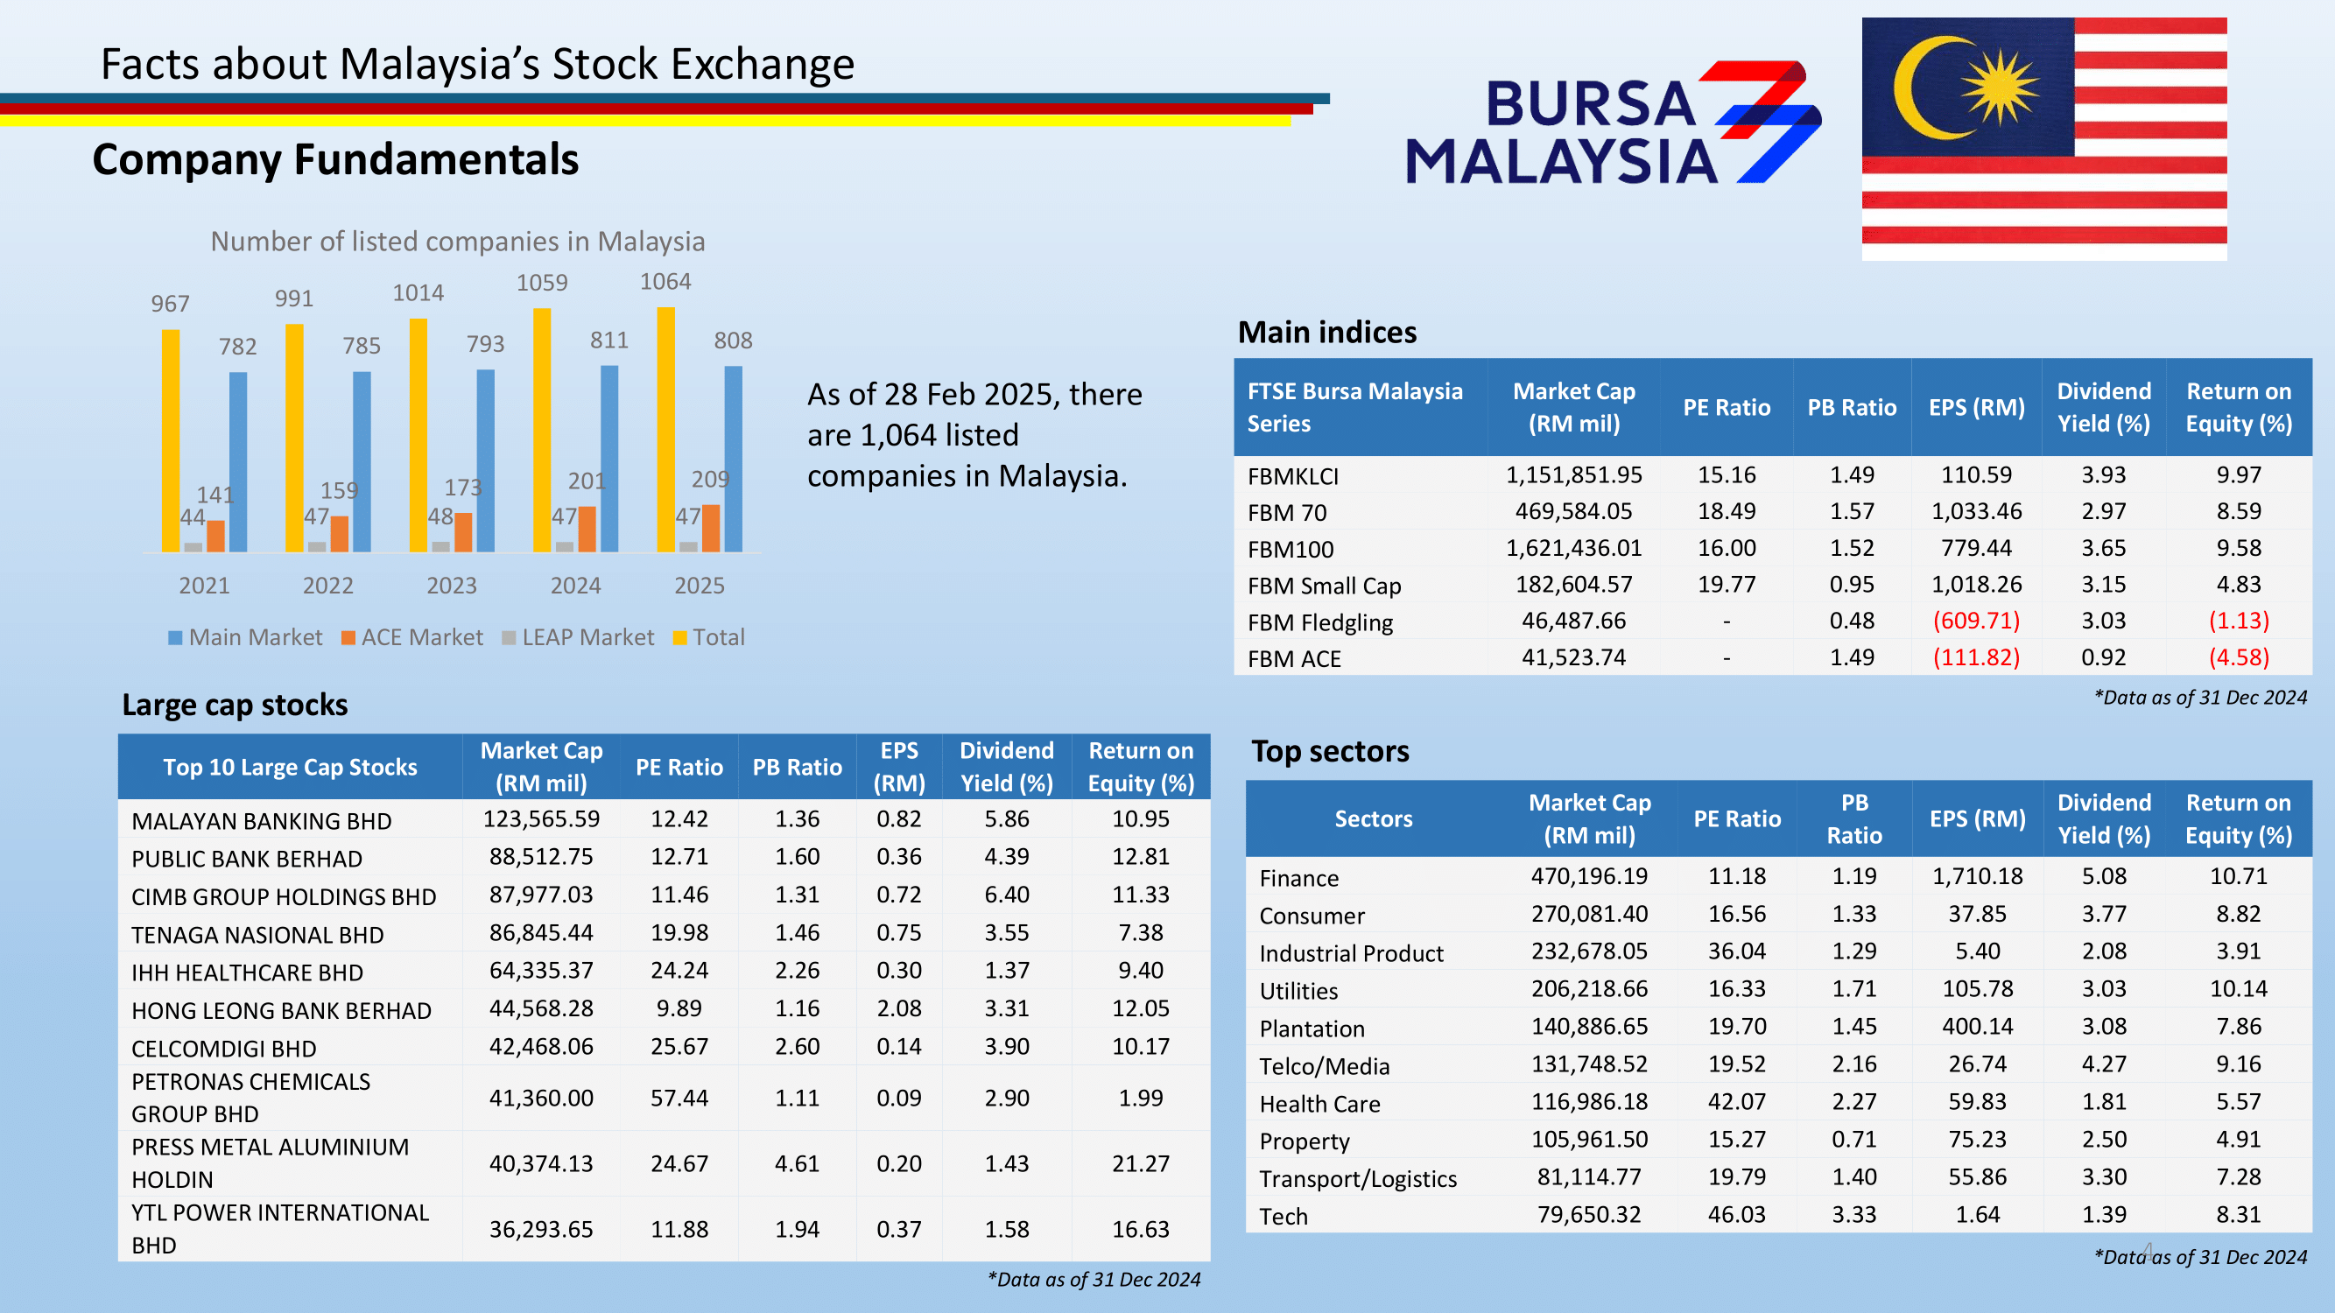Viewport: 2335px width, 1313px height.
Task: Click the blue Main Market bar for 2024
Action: click(609, 459)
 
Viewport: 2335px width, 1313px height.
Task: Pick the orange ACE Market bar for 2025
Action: click(711, 529)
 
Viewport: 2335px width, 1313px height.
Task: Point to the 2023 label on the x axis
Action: click(452, 586)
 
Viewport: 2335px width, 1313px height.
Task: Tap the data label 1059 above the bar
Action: click(542, 283)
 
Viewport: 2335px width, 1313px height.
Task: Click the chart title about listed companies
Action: click(458, 241)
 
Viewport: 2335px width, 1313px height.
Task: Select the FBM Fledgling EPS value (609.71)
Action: click(1976, 621)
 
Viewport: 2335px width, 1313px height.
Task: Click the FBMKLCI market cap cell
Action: click(1573, 474)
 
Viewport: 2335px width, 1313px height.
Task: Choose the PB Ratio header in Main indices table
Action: click(1851, 408)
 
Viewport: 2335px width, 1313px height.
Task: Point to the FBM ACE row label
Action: click(1293, 659)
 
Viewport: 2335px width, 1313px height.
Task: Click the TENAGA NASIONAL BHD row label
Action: click(257, 934)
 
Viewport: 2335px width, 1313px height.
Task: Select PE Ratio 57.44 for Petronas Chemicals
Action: click(679, 1098)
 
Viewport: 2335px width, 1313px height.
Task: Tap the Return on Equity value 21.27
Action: click(1140, 1163)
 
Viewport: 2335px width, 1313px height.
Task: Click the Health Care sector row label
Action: click(1319, 1104)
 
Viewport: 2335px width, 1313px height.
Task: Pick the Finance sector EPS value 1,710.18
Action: click(1977, 876)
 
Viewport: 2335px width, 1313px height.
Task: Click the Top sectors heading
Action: click(1330, 751)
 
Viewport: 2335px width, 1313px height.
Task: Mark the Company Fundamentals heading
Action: click(335, 159)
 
